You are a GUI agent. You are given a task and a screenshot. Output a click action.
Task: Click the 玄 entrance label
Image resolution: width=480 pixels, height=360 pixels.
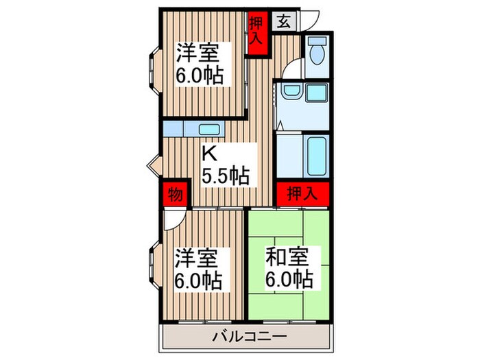(x=283, y=20)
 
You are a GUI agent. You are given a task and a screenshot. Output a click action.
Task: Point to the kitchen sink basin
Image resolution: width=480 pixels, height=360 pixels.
(x=208, y=128)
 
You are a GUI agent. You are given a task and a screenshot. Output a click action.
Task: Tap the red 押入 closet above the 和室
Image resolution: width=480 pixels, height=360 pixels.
(x=302, y=193)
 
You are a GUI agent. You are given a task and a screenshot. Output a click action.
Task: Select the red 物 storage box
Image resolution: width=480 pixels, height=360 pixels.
(x=174, y=195)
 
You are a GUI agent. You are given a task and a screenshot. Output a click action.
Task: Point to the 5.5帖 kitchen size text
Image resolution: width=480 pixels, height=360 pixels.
(x=225, y=175)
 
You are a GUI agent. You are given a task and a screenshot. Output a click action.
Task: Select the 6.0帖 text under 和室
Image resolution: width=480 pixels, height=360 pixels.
(x=288, y=280)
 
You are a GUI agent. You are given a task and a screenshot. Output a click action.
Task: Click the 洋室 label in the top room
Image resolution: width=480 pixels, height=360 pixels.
(x=200, y=53)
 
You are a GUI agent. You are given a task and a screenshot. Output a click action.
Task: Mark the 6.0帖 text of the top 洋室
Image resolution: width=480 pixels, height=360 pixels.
(x=200, y=75)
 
